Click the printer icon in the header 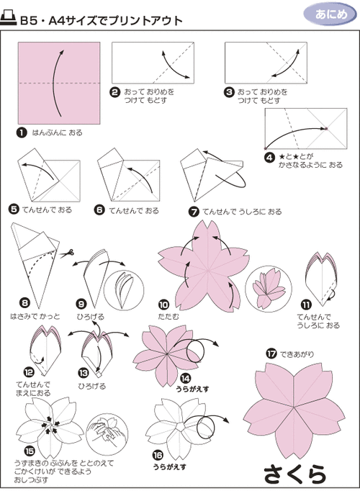tap(9, 21)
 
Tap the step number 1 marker tap(22, 133)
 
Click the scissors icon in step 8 tap(67, 253)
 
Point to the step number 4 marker tap(269, 156)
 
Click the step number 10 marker tap(163, 305)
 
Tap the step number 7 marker tap(194, 212)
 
